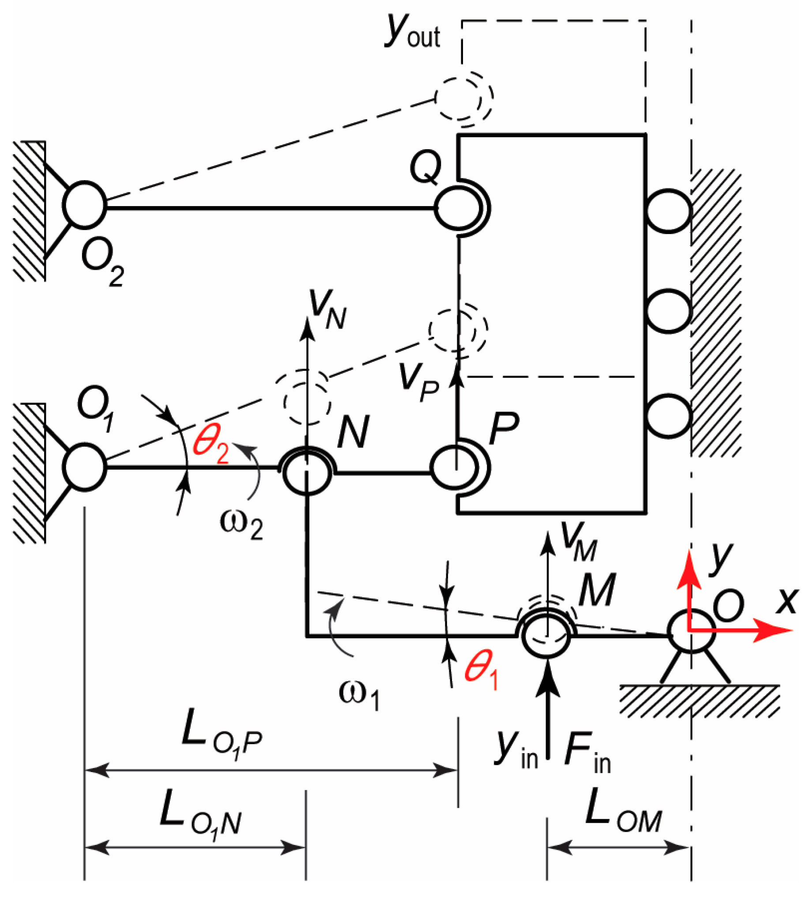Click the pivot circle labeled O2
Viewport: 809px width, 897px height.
point(84,205)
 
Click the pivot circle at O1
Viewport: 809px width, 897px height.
point(84,467)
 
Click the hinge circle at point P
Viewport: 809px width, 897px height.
point(453,467)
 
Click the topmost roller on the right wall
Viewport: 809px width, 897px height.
point(668,211)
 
